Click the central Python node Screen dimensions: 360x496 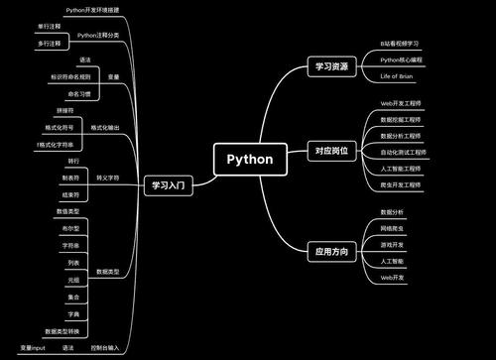pyautogui.click(x=249, y=159)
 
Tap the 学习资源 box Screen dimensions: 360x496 pyautogui.click(x=330, y=67)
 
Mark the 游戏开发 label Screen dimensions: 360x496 pyautogui.click(x=394, y=244)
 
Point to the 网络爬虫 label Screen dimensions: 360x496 pyautogui.click(x=394, y=228)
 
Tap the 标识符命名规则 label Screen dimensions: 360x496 pyautogui.click(x=70, y=76)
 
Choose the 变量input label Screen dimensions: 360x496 pyautogui.click(x=32, y=348)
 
